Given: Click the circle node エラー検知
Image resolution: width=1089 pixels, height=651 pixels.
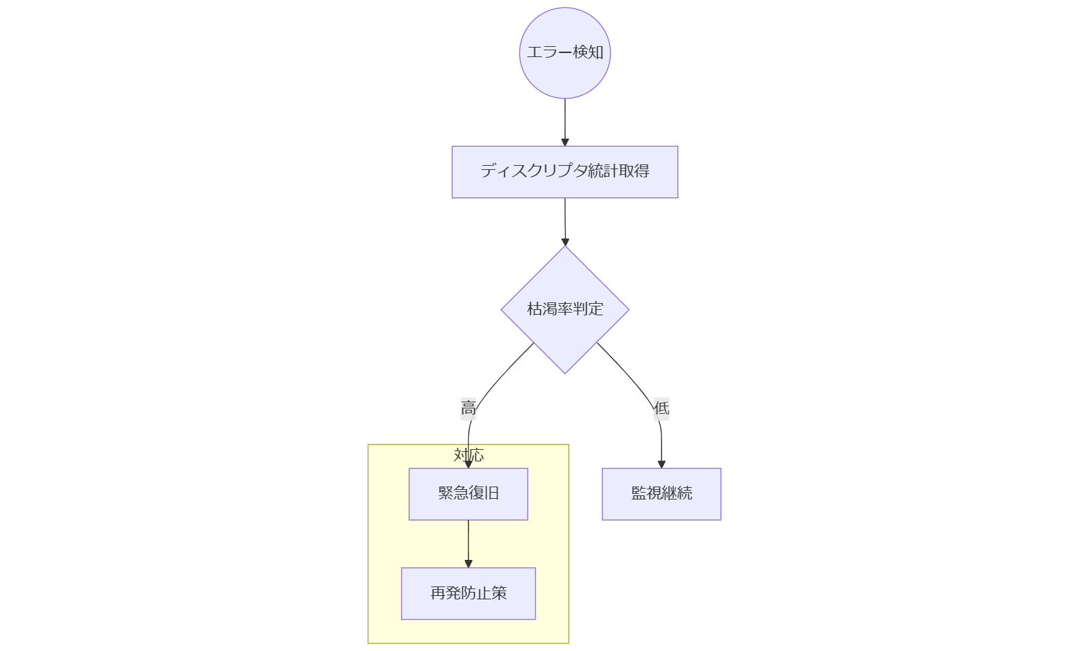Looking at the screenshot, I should click(x=564, y=53).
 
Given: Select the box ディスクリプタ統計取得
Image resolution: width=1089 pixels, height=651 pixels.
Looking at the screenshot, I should click(x=564, y=172).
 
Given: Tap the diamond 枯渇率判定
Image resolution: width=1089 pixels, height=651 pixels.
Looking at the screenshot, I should click(x=564, y=309).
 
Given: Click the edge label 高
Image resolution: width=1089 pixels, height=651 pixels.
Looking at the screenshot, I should click(x=468, y=408).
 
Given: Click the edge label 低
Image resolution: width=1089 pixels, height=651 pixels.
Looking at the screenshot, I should click(x=661, y=408).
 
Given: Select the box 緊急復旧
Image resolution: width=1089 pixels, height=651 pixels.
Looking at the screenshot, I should click(x=468, y=494).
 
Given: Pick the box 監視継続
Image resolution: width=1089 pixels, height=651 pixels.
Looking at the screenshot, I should click(x=661, y=494).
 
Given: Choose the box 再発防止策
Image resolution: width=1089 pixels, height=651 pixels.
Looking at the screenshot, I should click(x=468, y=593).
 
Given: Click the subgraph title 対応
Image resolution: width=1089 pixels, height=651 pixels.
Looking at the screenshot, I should click(x=468, y=455).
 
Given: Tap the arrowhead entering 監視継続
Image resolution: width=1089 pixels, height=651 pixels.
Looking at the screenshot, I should click(x=661, y=464).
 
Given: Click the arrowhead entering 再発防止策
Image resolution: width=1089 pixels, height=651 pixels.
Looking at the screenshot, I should click(x=468, y=563).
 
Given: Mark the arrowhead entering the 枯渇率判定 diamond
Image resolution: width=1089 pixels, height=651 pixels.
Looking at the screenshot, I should click(x=565, y=242).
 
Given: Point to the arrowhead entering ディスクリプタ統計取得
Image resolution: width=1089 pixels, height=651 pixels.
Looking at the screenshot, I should click(x=565, y=142).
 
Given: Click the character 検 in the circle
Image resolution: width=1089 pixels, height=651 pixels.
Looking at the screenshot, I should click(x=579, y=52).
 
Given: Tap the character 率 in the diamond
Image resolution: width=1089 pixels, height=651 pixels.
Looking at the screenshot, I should click(x=565, y=309).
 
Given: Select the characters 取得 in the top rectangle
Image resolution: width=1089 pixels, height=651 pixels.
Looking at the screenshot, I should click(x=634, y=171).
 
